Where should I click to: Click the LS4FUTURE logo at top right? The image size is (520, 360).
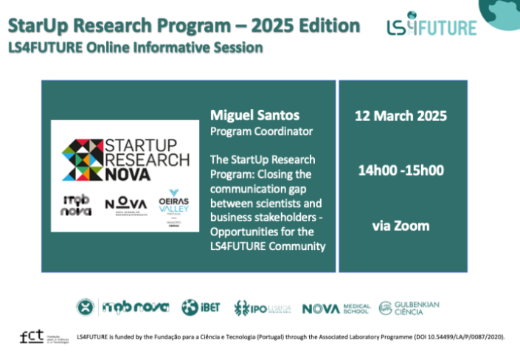pyautogui.click(x=431, y=27)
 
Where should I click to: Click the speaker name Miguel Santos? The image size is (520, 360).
pyautogui.click(x=246, y=116)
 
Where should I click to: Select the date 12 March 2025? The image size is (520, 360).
pyautogui.click(x=401, y=117)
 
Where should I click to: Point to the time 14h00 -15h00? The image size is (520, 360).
pyautogui.click(x=401, y=170)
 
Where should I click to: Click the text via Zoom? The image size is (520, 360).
pyautogui.click(x=401, y=224)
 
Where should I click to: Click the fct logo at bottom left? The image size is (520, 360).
pyautogui.click(x=32, y=336)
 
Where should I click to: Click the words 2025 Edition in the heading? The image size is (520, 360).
pyautogui.click(x=306, y=27)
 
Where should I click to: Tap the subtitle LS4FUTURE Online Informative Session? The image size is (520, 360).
pyautogui.click(x=135, y=49)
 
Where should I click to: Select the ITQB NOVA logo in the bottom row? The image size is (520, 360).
pyautogui.click(x=136, y=307)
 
